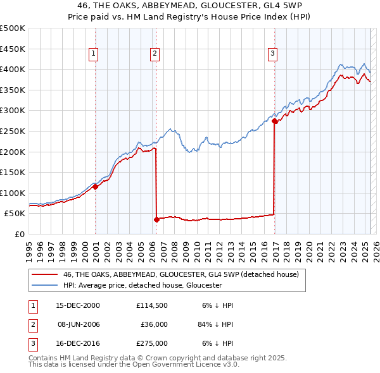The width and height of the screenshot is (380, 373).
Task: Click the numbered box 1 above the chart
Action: point(93,54)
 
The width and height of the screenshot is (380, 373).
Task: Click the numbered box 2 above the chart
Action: point(154,54)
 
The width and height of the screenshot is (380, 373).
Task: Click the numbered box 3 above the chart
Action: point(272,54)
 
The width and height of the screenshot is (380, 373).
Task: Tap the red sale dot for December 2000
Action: point(95,186)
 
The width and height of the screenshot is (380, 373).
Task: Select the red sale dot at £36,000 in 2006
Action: point(156,219)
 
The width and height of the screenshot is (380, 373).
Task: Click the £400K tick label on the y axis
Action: point(13,69)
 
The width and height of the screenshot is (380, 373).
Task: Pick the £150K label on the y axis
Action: point(13,172)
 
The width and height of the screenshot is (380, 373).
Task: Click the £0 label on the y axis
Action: point(18,234)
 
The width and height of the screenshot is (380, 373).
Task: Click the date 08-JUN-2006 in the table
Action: point(78,324)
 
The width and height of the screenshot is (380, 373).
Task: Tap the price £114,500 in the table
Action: point(151,305)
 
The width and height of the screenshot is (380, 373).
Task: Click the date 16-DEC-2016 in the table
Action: point(78,344)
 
